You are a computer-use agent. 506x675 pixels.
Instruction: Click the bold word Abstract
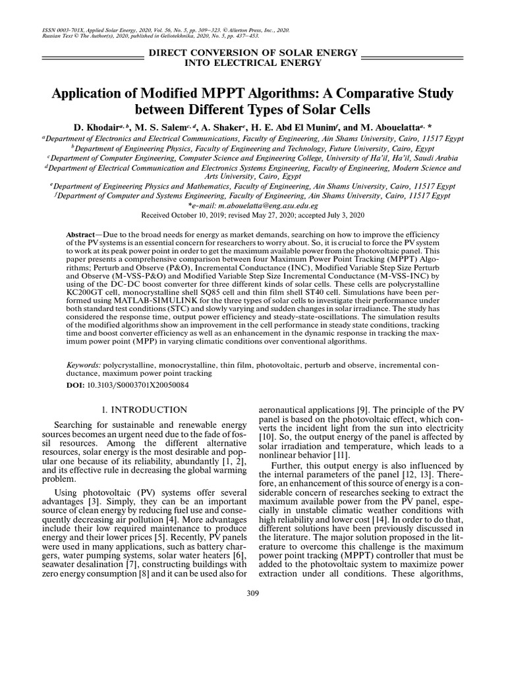81,235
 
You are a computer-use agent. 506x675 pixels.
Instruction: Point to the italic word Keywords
83,365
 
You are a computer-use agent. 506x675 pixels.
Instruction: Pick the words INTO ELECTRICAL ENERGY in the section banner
253,63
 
